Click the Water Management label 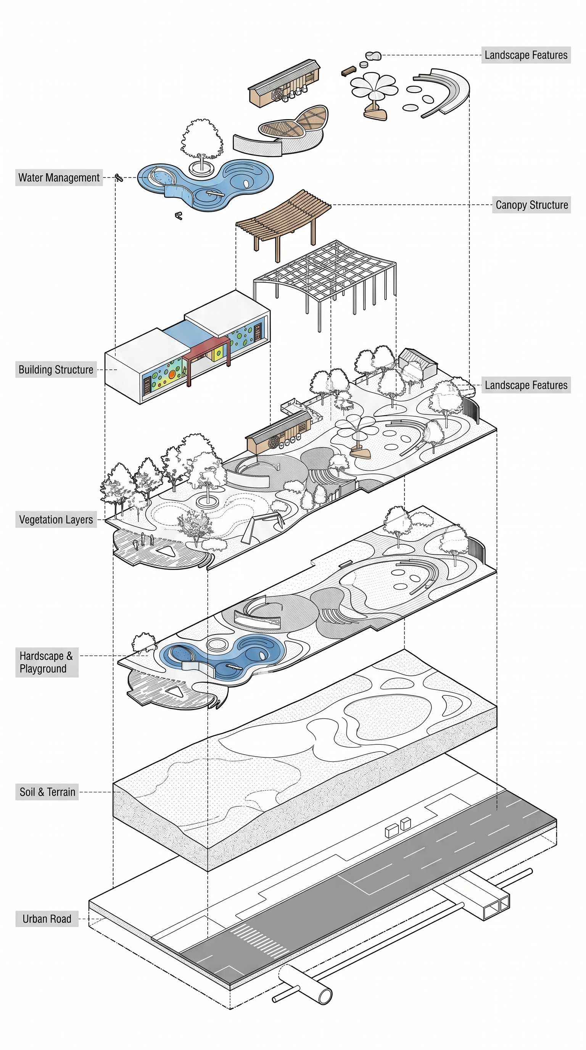(59, 178)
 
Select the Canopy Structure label (531, 205)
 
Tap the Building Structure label (56, 370)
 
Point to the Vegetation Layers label (56, 520)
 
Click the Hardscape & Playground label (47, 662)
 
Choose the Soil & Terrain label (47, 792)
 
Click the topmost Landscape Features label (526, 55)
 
